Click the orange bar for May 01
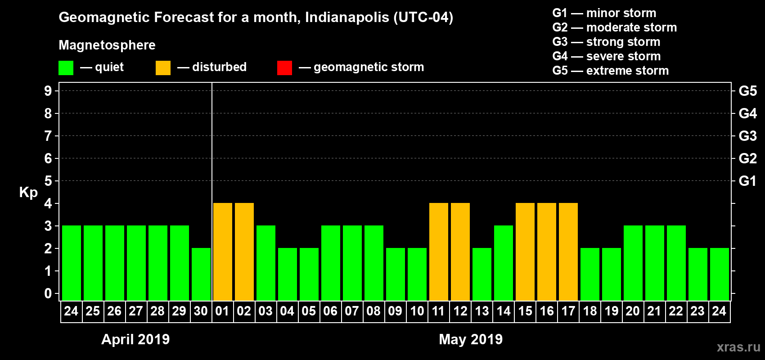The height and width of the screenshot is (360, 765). [x=223, y=252]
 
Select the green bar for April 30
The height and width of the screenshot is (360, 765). [x=201, y=274]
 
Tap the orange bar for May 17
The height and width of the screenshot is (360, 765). [x=568, y=252]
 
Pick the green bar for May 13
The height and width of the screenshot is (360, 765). [x=482, y=274]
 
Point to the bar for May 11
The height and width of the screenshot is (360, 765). [x=439, y=252]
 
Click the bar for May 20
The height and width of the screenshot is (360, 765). [x=633, y=263]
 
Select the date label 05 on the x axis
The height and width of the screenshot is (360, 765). [x=309, y=311]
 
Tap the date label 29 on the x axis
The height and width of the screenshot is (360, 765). [x=179, y=311]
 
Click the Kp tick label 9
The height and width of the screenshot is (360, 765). [x=48, y=91]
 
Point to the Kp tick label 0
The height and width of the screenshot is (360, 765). [x=48, y=293]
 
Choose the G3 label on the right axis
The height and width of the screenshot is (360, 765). [x=747, y=136]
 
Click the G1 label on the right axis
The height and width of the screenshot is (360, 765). [x=747, y=181]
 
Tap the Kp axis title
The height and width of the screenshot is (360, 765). [x=28, y=192]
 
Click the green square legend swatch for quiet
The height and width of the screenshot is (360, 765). [x=66, y=68]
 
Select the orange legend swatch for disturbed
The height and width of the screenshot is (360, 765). [x=163, y=68]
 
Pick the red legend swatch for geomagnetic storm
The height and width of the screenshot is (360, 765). [x=284, y=68]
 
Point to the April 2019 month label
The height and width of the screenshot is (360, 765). [x=135, y=339]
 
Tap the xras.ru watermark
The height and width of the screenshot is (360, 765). [x=738, y=347]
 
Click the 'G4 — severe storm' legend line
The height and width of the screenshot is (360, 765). [x=606, y=56]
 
